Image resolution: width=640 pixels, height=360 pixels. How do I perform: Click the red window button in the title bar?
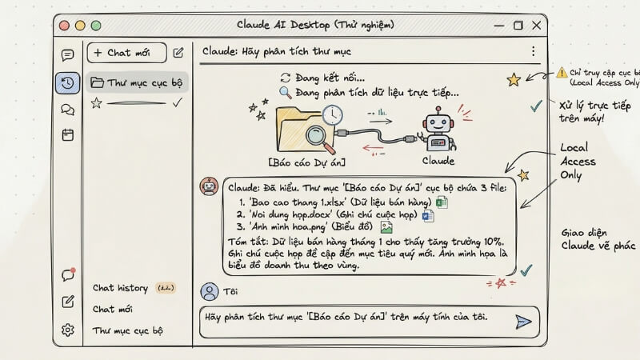pyautogui.click(x=65, y=26)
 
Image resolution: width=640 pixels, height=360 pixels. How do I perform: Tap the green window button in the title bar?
pyautogui.click(x=94, y=26)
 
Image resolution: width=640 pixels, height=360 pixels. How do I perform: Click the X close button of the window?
pyautogui.click(x=536, y=26)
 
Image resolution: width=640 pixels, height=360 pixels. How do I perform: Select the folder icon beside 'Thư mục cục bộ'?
pyautogui.click(x=97, y=82)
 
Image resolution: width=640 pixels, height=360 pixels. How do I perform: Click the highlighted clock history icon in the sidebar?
pyautogui.click(x=68, y=82)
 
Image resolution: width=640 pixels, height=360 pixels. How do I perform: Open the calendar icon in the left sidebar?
pyautogui.click(x=68, y=134)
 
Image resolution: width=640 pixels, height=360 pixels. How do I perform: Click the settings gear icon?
pyautogui.click(x=68, y=329)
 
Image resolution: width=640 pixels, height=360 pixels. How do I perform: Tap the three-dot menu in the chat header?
pyautogui.click(x=533, y=52)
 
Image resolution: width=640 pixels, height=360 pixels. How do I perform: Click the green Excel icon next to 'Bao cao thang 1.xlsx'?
pyautogui.click(x=442, y=202)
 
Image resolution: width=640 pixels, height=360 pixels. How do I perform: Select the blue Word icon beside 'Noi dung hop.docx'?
pyautogui.click(x=426, y=217)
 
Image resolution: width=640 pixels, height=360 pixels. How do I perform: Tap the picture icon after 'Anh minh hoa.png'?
pyautogui.click(x=386, y=230)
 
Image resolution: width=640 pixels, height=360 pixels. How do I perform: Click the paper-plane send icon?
pyautogui.click(x=522, y=321)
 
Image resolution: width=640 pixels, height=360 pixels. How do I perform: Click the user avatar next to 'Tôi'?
pyautogui.click(x=209, y=291)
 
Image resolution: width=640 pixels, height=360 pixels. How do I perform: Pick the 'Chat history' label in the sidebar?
pyautogui.click(x=120, y=288)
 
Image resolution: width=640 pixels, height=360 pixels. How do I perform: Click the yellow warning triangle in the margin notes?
pyautogui.click(x=562, y=71)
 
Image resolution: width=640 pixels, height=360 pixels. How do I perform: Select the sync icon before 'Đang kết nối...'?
pyautogui.click(x=285, y=78)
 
